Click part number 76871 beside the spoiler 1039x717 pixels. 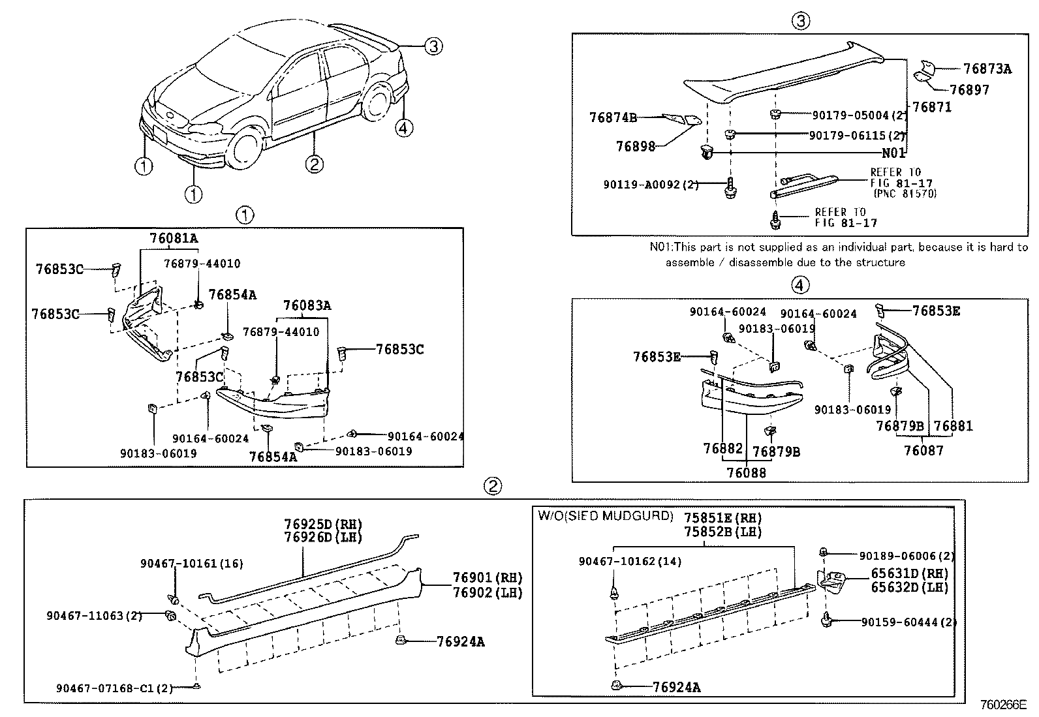(x=931, y=107)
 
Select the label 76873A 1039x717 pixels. (x=987, y=69)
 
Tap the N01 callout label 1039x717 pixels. (x=893, y=153)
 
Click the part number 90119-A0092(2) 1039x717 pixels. (x=651, y=185)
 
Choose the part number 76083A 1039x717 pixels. (x=307, y=305)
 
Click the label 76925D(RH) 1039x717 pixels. (x=323, y=524)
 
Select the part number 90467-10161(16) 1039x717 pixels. (x=183, y=564)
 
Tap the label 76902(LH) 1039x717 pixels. (x=488, y=592)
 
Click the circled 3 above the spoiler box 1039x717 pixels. (x=801, y=21)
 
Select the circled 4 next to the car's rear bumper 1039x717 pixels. (x=404, y=128)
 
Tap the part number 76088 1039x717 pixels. (x=746, y=472)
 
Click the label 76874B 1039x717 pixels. (x=613, y=117)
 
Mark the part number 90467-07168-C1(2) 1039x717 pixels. (x=114, y=687)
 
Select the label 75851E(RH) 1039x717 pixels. (x=722, y=518)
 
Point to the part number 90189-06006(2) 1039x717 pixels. (x=907, y=556)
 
